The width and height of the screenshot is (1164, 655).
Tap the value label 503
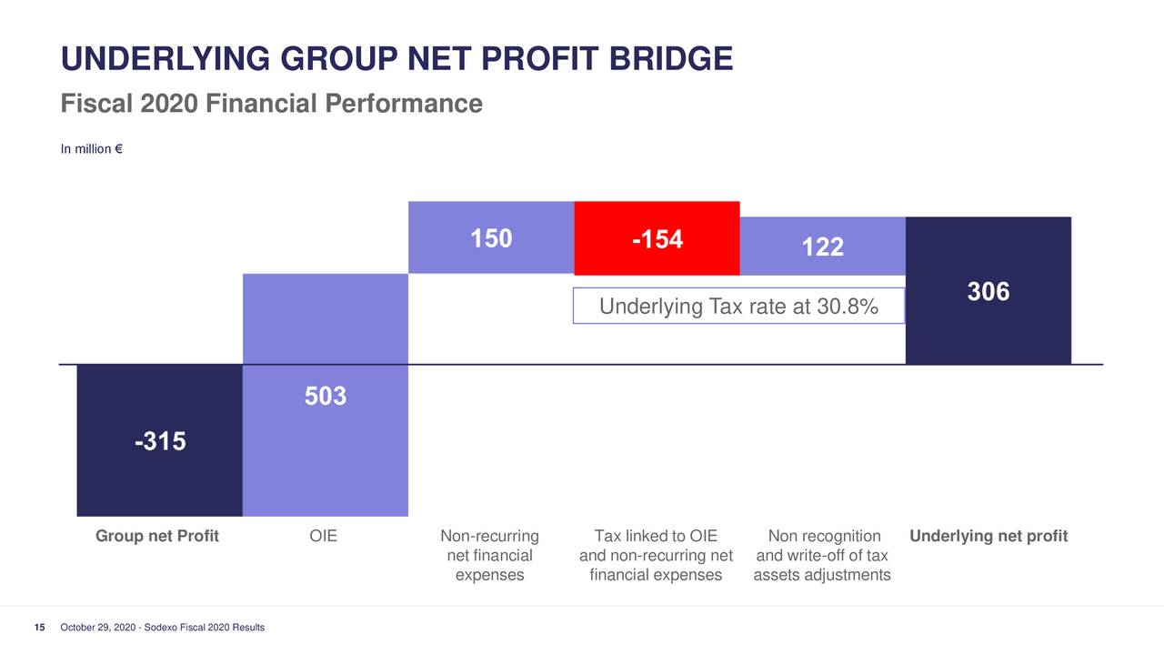coord(326,397)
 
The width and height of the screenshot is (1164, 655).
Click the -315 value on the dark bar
coord(160,442)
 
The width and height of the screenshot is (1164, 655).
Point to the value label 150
coord(491,238)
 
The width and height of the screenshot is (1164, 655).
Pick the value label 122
coord(822,247)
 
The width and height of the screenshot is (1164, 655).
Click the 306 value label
coord(988,292)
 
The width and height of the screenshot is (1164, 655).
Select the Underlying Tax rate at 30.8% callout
coord(738,307)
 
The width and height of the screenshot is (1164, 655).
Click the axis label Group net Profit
coord(157,536)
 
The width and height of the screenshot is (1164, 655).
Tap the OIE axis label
coord(324,536)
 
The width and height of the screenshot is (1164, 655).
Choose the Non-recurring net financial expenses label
coord(489,555)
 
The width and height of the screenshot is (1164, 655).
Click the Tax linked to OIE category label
coord(656,555)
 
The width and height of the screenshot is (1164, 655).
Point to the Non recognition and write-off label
coord(822,555)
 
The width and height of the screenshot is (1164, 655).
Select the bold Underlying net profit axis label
coord(988,536)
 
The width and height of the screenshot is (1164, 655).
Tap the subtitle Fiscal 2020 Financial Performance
coord(271,104)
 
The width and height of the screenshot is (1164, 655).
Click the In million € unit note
coord(92,149)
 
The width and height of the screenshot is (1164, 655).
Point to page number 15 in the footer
coord(40,629)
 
